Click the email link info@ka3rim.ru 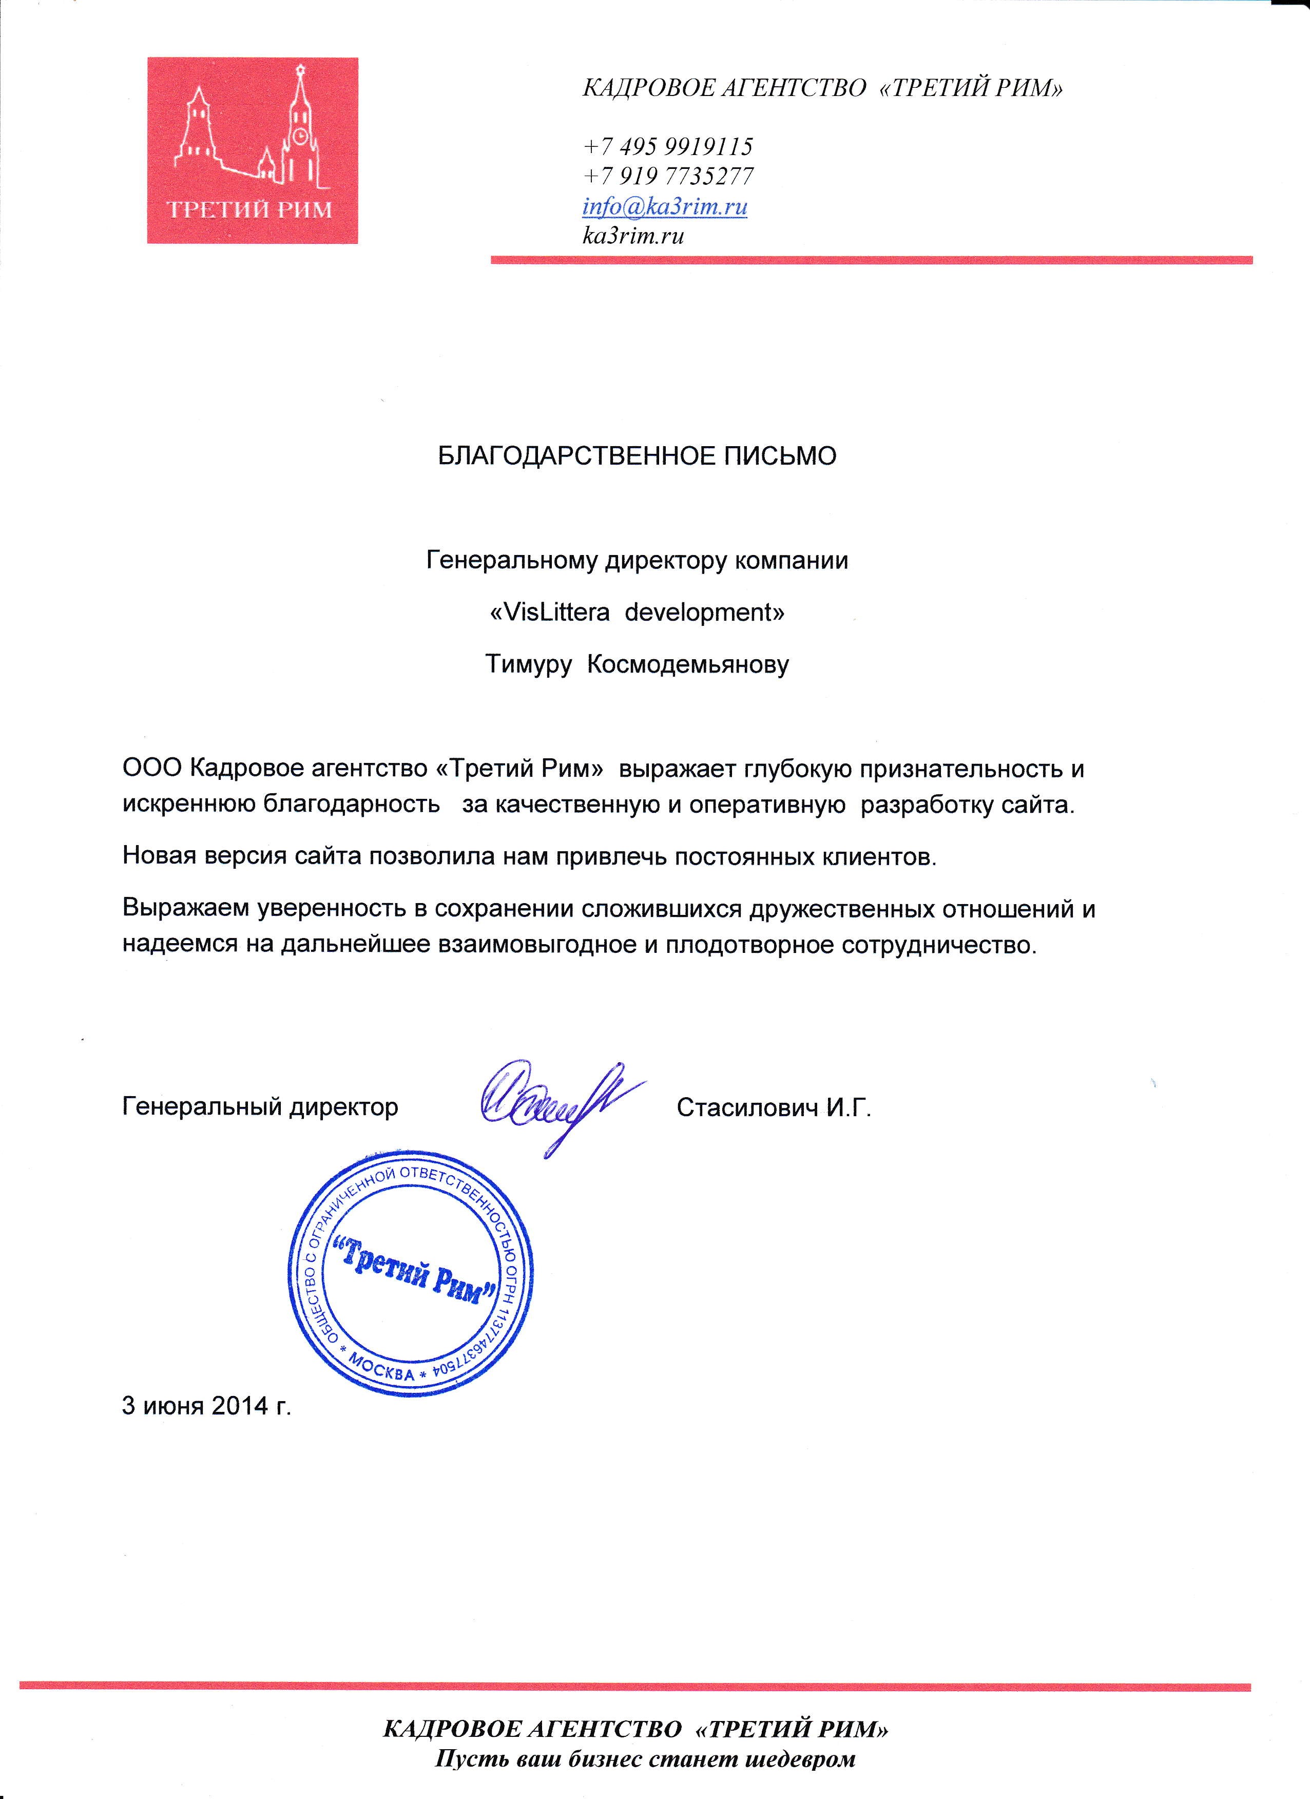(x=665, y=207)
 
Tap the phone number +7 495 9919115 (x=668, y=147)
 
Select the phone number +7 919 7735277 (x=668, y=176)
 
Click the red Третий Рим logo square (x=252, y=151)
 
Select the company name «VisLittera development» (x=637, y=613)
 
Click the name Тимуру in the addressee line (x=528, y=665)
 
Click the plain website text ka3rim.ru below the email (x=633, y=236)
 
